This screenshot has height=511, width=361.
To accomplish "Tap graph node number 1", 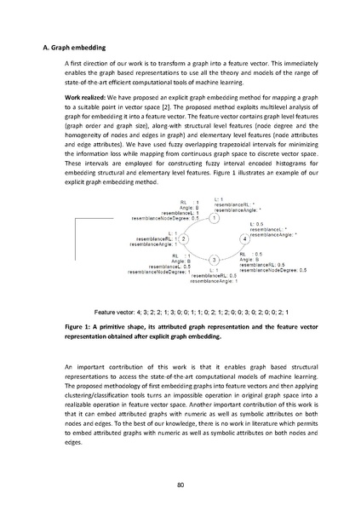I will tap(214, 218).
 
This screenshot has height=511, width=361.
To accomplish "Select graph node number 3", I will tap(214, 259).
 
